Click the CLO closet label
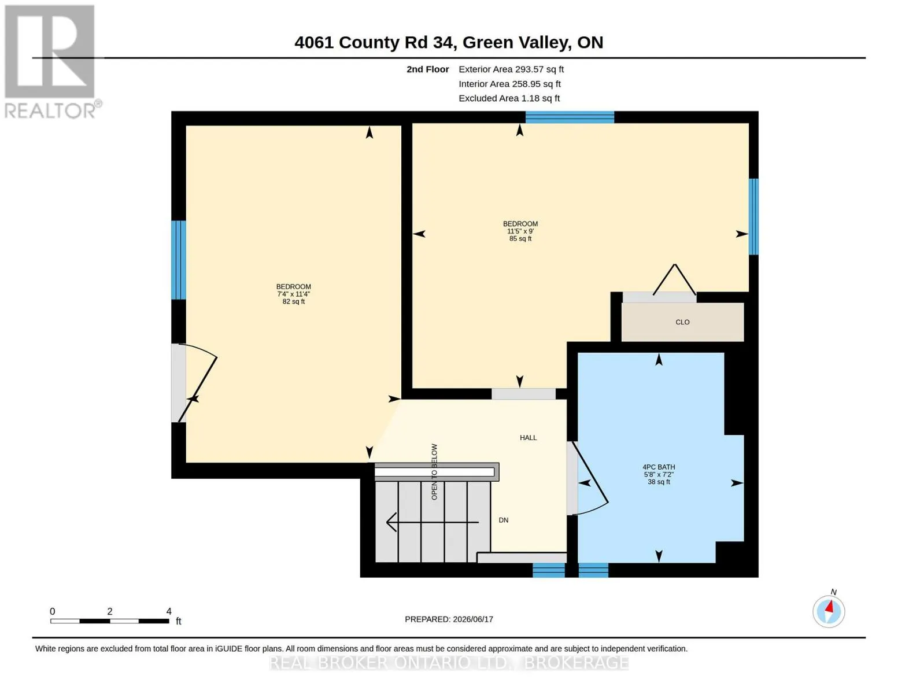(682, 322)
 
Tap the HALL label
(528, 437)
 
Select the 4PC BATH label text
(659, 467)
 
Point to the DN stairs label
(503, 520)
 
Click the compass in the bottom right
(829, 611)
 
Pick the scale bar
(109, 621)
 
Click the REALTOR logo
(50, 62)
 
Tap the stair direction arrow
(433, 522)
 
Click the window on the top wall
(570, 117)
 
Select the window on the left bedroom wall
(179, 260)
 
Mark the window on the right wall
(753, 217)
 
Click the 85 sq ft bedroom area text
(520, 238)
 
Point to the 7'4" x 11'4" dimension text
(293, 294)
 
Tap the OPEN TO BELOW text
(434, 471)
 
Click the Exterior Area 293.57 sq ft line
(511, 69)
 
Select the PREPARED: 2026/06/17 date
(449, 619)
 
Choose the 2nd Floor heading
(428, 69)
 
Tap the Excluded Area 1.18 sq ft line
(509, 98)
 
